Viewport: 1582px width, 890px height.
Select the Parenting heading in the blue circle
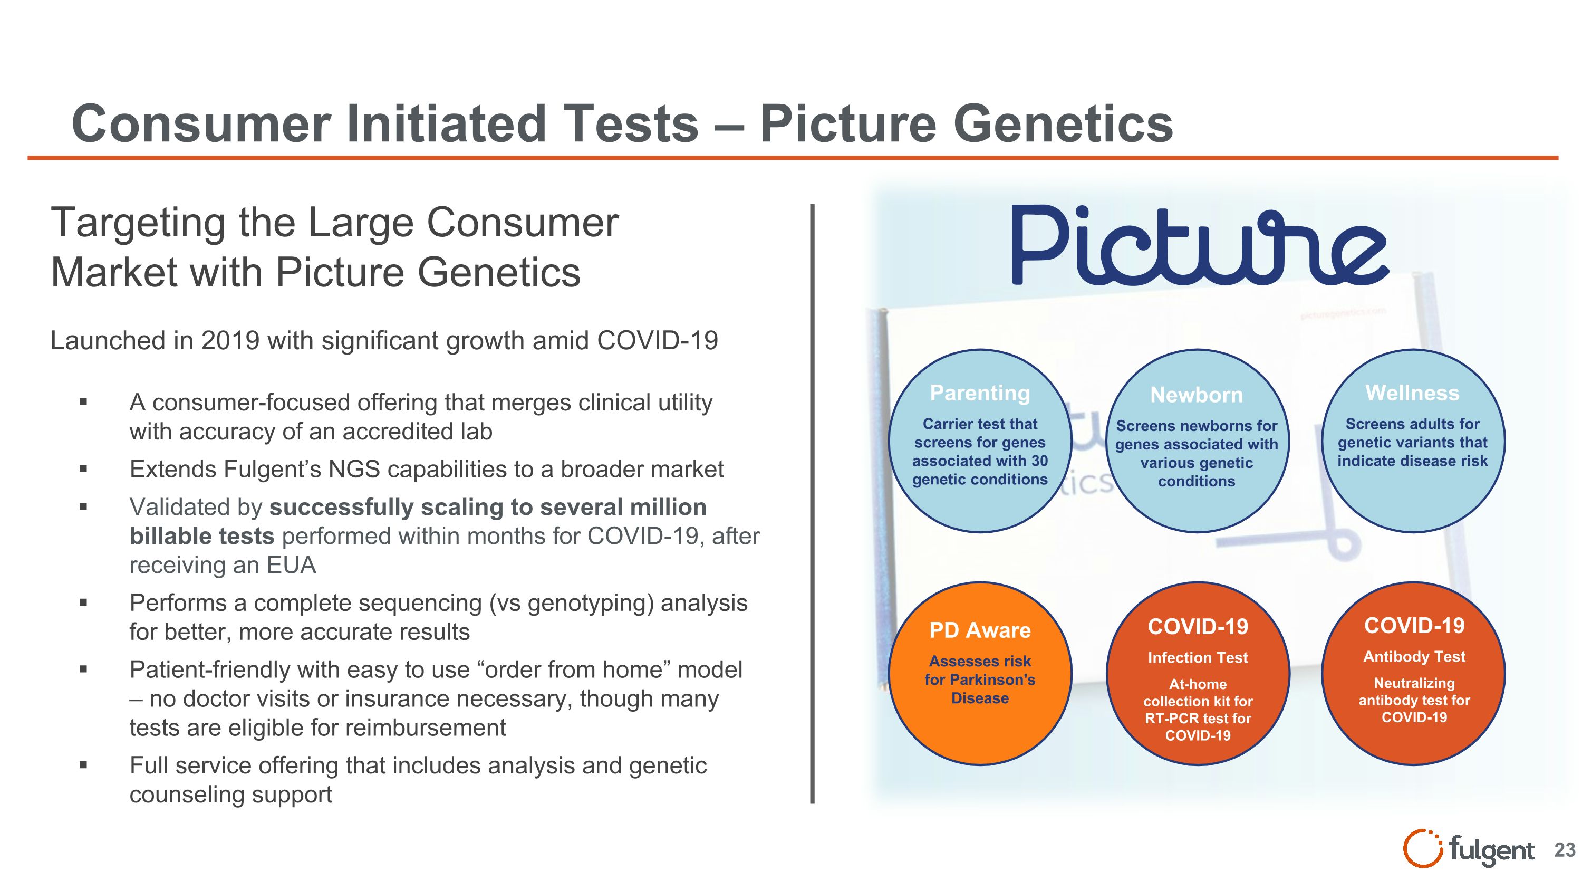(x=980, y=393)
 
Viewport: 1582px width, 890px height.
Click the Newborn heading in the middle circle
(x=1197, y=395)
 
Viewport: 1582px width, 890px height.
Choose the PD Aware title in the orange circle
(x=980, y=630)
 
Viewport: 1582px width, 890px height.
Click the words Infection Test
(x=1198, y=658)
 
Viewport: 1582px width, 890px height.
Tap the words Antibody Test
(x=1414, y=657)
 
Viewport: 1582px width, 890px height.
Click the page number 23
(x=1564, y=850)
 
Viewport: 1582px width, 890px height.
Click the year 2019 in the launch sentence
(x=230, y=341)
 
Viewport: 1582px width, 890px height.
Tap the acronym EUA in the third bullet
(x=291, y=565)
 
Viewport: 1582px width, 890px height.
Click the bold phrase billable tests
(x=201, y=536)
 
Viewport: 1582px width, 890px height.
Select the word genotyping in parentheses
(x=590, y=603)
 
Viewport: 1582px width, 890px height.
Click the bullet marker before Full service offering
(x=83, y=766)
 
